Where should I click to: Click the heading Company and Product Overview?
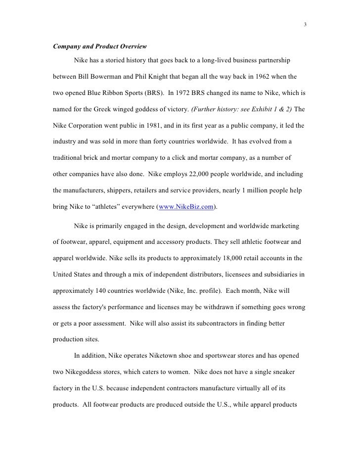(99, 47)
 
